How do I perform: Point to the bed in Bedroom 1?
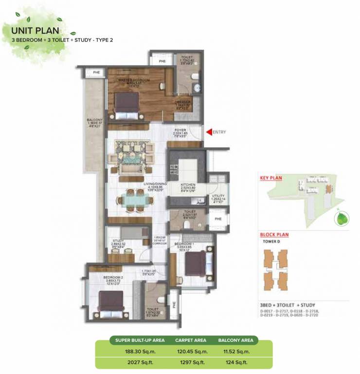click(x=195, y=263)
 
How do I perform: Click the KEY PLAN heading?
click(x=271, y=178)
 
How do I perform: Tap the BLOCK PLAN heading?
click(x=274, y=235)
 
